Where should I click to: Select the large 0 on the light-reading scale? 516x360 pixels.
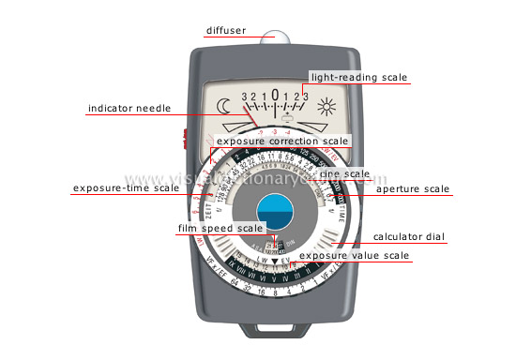point(274,95)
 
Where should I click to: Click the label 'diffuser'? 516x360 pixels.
point(226,30)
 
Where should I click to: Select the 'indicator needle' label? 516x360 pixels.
point(129,108)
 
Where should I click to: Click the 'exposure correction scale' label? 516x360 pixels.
point(282,142)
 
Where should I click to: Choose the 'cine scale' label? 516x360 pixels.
point(343,173)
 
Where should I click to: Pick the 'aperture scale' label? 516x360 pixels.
point(413,188)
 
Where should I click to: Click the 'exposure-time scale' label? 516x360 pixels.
point(126,188)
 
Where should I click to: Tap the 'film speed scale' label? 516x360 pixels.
point(221,228)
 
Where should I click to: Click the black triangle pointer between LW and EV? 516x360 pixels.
point(273,259)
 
